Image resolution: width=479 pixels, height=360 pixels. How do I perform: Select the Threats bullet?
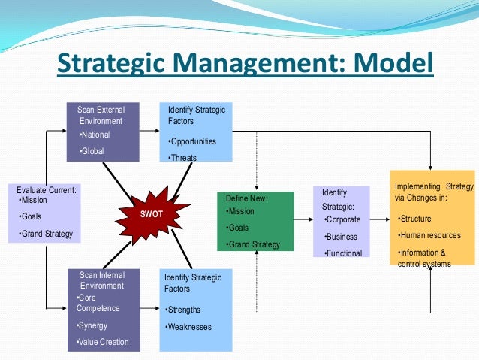tap(183, 157)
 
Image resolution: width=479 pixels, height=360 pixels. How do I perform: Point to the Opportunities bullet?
tap(192, 141)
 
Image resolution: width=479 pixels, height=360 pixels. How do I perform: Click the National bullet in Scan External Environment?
tap(95, 135)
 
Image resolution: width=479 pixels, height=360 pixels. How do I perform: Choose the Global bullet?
tap(92, 151)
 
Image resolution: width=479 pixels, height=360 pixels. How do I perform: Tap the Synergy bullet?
tap(93, 325)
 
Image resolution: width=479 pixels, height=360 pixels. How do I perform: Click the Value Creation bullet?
tap(103, 342)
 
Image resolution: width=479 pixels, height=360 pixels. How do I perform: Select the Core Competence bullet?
tap(98, 303)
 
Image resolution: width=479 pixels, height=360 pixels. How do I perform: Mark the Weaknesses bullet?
tap(188, 327)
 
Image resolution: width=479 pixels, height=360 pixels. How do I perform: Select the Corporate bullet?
tap(342, 219)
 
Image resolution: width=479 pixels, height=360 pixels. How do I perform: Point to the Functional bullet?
tap(343, 253)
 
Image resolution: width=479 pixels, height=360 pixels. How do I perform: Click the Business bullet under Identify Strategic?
tap(340, 236)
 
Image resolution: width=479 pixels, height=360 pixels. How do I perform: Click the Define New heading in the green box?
tap(247, 198)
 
